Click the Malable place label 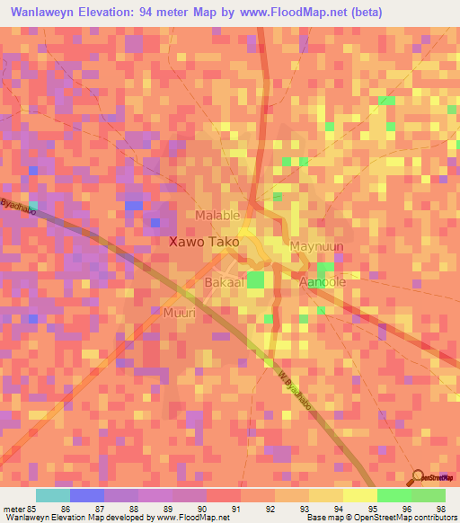coord(218,216)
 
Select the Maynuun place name coord(317,245)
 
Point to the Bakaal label coord(208,282)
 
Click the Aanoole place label coord(322,282)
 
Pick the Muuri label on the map coord(180,314)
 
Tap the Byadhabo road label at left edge coord(19,208)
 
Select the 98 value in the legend coord(440,510)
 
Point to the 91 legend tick coord(236,510)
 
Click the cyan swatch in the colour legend coord(53,495)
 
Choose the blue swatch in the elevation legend coord(87,495)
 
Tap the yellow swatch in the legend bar coord(359,495)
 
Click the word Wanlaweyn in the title coord(41,12)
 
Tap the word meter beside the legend coord(13,510)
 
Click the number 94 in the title coord(148,12)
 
